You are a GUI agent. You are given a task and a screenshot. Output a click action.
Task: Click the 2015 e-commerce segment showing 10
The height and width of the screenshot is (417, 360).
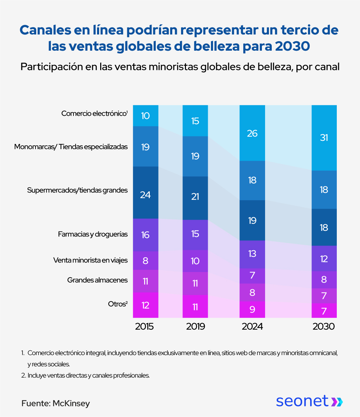pos(146,115)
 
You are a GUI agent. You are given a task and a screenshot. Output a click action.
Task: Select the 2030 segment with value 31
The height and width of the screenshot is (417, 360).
pos(324,138)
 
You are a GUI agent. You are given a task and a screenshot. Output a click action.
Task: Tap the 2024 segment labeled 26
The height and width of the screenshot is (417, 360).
pos(252,133)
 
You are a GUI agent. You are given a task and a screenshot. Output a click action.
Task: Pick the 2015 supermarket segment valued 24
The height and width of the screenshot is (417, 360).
pos(146,194)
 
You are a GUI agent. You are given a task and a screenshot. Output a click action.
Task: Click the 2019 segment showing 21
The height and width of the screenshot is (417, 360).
pos(195,197)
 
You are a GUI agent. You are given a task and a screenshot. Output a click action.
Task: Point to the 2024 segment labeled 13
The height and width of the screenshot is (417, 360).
pos(252,254)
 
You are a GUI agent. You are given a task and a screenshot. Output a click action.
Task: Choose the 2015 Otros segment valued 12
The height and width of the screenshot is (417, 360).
pos(146,305)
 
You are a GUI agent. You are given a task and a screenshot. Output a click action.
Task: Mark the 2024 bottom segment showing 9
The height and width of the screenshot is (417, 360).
pos(252,310)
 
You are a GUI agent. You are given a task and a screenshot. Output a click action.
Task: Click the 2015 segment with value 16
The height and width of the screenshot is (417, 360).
pos(146,235)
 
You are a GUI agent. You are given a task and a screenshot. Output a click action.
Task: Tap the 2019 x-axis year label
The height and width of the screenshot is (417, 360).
pos(195,327)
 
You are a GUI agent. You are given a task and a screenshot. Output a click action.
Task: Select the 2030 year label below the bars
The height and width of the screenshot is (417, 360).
pos(324,327)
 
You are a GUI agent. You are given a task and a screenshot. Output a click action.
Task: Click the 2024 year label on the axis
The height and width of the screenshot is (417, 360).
pos(252,327)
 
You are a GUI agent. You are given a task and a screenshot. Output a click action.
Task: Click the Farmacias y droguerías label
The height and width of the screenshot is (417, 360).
pos(93,234)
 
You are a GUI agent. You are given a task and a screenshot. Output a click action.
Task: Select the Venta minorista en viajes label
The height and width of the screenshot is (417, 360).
pos(90,260)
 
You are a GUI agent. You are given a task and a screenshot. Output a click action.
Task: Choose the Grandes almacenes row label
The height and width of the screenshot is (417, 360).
pos(97,280)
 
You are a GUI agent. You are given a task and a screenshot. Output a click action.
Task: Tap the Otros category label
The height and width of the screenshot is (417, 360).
pos(117,304)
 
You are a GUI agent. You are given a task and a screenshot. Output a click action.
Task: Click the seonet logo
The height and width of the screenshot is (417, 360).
pos(309,401)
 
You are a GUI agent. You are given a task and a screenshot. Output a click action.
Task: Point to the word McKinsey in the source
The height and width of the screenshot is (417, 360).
pos(71,403)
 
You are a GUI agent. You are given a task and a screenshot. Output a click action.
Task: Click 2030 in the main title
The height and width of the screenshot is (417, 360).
pos(293,46)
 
